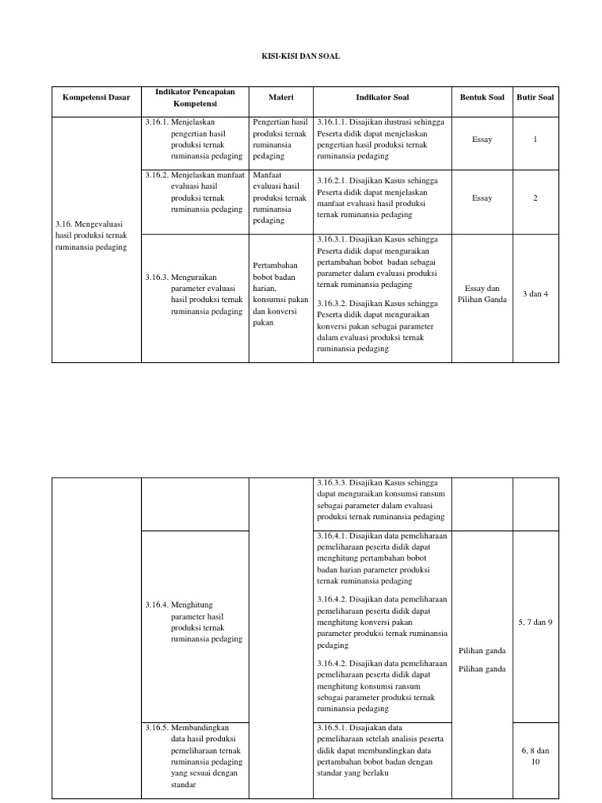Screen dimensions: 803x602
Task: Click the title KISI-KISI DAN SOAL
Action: pyautogui.click(x=300, y=57)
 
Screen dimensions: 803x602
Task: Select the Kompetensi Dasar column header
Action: pyautogui.click(x=96, y=97)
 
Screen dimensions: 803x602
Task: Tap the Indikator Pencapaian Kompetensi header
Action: pyautogui.click(x=195, y=97)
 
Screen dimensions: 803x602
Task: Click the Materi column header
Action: pyautogui.click(x=281, y=97)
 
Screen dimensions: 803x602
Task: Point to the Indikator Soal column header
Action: pyautogui.click(x=383, y=97)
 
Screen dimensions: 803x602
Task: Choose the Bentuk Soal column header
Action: pyautogui.click(x=482, y=97)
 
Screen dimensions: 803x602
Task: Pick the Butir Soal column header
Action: pyautogui.click(x=535, y=97)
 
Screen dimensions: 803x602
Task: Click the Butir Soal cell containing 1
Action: pyautogui.click(x=535, y=139)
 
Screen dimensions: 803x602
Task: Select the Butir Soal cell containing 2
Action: pyautogui.click(x=535, y=198)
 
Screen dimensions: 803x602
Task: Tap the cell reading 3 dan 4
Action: pyautogui.click(x=535, y=293)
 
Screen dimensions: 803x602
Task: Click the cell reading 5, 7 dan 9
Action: pyautogui.click(x=535, y=622)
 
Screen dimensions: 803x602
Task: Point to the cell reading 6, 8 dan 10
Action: pyautogui.click(x=535, y=755)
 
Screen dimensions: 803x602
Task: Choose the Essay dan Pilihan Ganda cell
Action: pyautogui.click(x=482, y=293)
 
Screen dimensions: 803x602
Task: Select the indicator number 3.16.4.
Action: pyautogui.click(x=156, y=605)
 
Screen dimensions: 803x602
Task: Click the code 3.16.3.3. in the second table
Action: pyautogui.click(x=332, y=483)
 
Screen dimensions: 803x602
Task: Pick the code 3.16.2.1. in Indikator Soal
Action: pyautogui.click(x=332, y=180)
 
